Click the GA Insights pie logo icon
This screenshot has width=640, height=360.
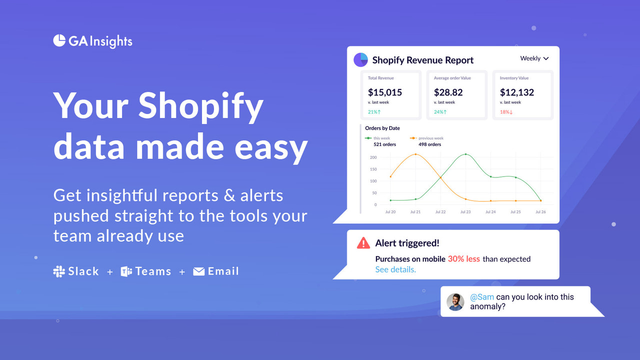click(59, 40)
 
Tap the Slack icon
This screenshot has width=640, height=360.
click(59, 271)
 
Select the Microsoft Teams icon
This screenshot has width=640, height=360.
click(126, 271)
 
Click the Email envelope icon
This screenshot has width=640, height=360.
click(199, 271)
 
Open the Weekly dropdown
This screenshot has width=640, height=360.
click(534, 58)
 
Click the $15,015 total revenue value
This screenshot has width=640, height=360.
click(385, 92)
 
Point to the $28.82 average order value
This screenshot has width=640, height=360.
click(448, 92)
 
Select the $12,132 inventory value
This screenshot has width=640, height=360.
click(517, 92)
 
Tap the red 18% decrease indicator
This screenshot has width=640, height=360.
click(506, 112)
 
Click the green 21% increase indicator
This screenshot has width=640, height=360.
click(374, 112)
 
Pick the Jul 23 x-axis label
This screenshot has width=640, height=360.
click(465, 212)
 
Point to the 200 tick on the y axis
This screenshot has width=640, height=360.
click(373, 157)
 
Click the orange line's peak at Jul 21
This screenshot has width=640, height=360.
click(415, 154)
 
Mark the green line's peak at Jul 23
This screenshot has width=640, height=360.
click(465, 154)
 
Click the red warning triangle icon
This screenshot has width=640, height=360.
click(363, 243)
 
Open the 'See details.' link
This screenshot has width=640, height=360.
click(395, 269)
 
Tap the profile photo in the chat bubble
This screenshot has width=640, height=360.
click(455, 301)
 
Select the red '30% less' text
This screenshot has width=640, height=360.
click(463, 259)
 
